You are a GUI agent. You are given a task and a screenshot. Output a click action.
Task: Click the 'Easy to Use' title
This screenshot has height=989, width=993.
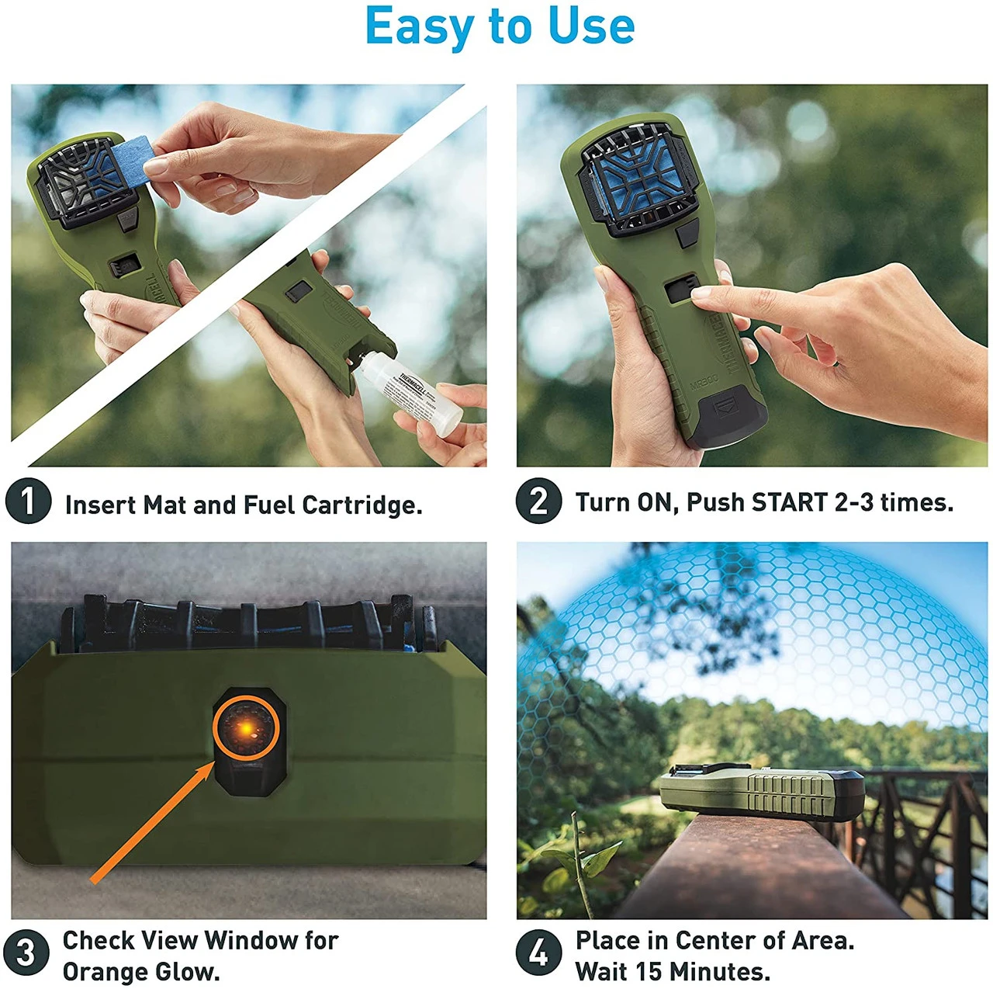tap(500, 26)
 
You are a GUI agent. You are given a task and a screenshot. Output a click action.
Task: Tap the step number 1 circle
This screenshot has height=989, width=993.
tap(28, 501)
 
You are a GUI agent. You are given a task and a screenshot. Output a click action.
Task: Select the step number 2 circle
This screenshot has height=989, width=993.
tap(538, 501)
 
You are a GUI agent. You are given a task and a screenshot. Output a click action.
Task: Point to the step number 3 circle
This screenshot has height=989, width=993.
tap(26, 953)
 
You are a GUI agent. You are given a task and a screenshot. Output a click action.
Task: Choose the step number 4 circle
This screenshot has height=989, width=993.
tap(538, 953)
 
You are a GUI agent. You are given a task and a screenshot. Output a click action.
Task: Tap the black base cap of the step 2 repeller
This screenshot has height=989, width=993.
tap(729, 419)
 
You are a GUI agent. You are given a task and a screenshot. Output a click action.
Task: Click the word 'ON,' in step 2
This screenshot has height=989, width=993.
tap(658, 502)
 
